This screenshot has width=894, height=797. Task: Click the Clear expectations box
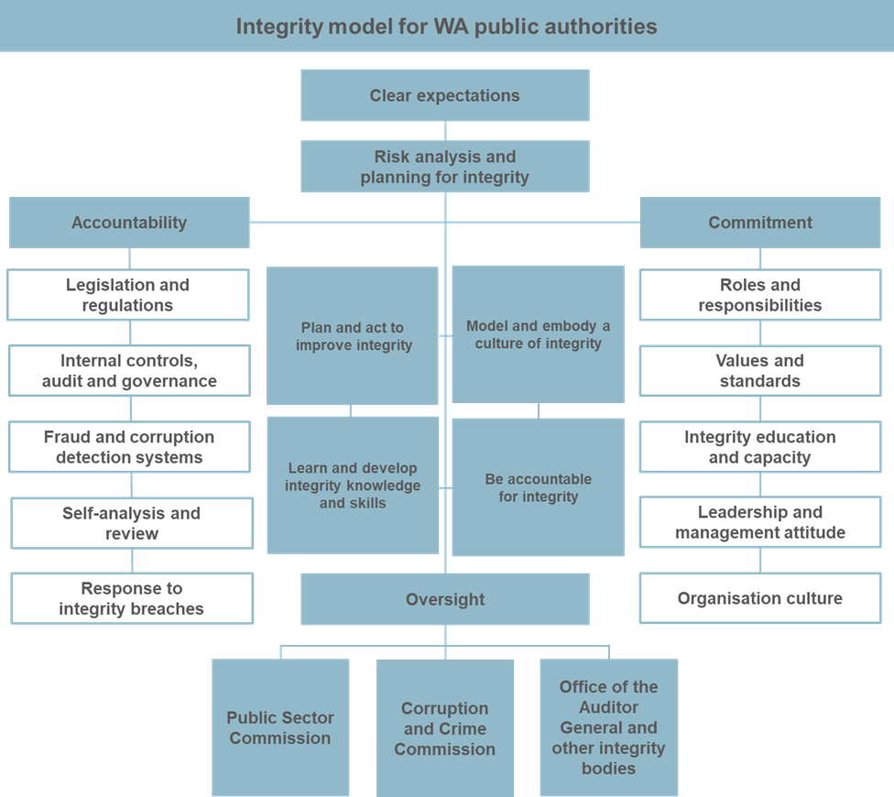point(444,95)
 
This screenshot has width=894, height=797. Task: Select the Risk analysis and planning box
point(444,167)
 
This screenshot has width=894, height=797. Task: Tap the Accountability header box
point(129,223)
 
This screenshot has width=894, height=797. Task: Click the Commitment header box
point(759,223)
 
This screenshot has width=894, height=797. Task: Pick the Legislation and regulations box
point(127,295)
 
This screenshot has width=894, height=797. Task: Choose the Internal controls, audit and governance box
point(129,371)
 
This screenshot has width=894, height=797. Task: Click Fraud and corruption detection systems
point(129,447)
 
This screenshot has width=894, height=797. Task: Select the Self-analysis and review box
point(131,523)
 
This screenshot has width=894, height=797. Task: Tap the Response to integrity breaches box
point(131,598)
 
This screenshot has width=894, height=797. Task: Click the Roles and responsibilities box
point(759,295)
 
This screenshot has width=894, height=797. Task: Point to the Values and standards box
point(759,371)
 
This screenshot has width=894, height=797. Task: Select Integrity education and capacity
point(759,447)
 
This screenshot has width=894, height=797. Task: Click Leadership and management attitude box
point(759,522)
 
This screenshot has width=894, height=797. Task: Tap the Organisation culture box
point(759,598)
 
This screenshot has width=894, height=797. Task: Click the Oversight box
point(444,599)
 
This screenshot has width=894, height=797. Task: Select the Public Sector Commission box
point(280,727)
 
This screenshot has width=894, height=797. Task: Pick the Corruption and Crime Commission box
point(444,728)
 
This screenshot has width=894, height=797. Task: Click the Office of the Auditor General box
point(608,727)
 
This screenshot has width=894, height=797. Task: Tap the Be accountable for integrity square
point(538,487)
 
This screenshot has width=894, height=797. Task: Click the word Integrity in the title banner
point(271,27)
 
